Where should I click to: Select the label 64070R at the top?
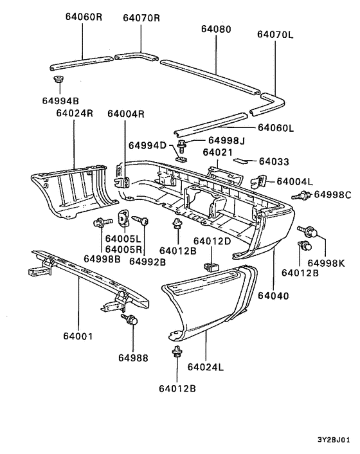(x=141, y=18)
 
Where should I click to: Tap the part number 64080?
(x=215, y=29)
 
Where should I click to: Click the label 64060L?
(x=275, y=128)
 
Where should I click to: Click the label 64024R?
(x=75, y=113)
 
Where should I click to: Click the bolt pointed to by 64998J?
(x=184, y=143)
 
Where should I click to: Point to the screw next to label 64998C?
(x=300, y=195)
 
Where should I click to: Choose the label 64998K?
(x=326, y=262)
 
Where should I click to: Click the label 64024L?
(x=206, y=367)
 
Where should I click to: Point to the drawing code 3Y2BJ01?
(x=333, y=440)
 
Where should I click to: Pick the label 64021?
(x=217, y=152)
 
